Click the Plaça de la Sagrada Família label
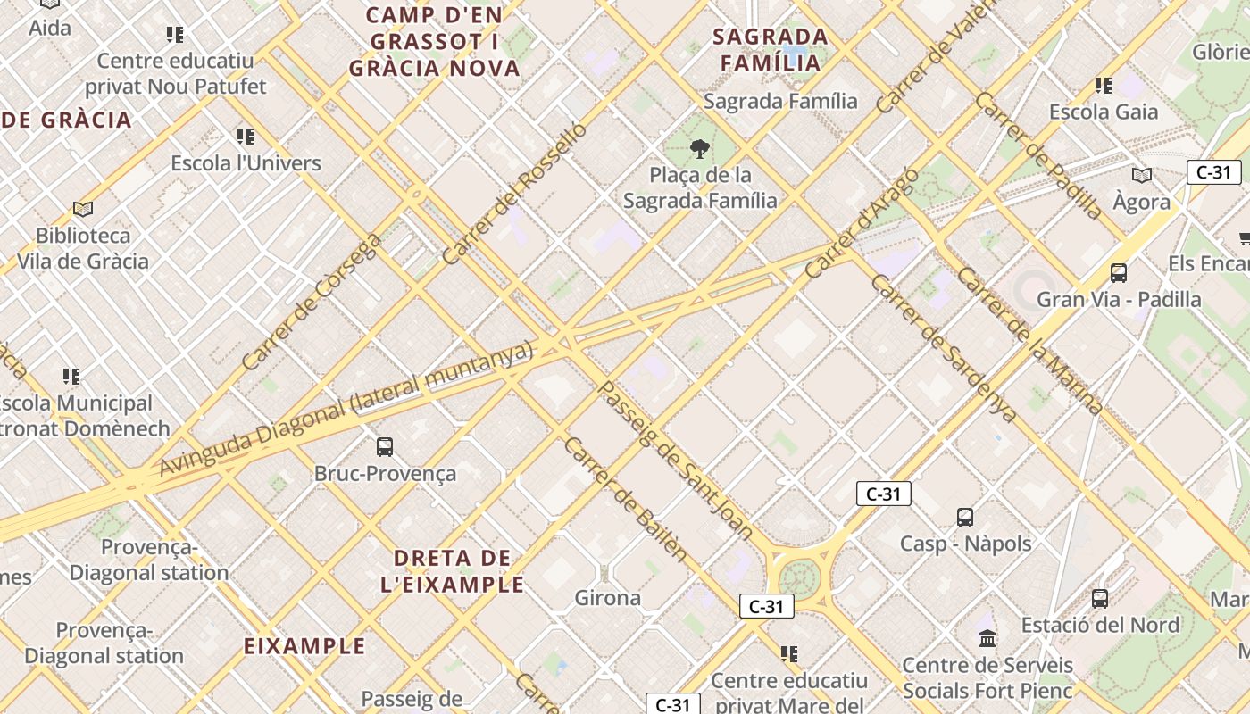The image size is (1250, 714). (700, 187)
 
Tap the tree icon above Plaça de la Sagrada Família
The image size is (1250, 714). (700, 148)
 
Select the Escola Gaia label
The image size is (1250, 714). (1104, 112)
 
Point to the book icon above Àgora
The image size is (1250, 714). (1141, 175)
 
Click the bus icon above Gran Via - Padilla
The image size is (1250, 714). (1118, 272)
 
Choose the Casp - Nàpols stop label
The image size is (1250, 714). (965, 544)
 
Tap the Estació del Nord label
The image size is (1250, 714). (1100, 625)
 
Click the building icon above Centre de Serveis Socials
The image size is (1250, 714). (987, 638)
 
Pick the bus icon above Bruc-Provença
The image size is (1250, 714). (385, 446)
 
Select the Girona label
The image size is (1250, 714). (607, 598)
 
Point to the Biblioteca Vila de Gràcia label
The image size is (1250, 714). (83, 249)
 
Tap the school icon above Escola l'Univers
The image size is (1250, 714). (246, 137)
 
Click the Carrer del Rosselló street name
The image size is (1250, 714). (515, 193)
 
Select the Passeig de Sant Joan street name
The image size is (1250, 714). (675, 460)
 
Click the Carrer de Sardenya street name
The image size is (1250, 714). (943, 348)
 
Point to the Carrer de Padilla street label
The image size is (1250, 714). (1038, 156)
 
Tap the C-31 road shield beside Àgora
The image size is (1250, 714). (1213, 172)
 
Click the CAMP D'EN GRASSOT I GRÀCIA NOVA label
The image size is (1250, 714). (435, 41)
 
